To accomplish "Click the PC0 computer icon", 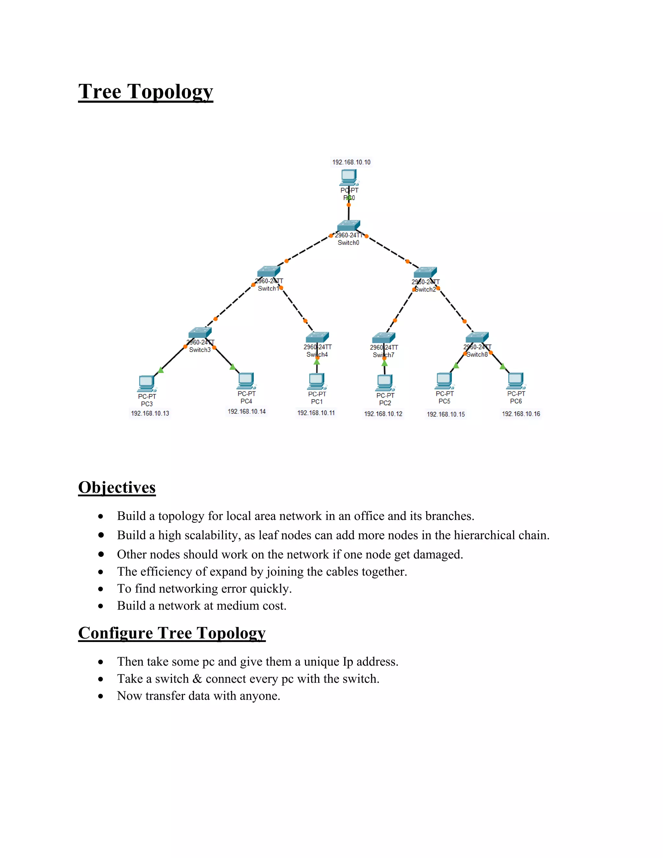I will point(349,177).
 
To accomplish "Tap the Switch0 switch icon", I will point(348,225).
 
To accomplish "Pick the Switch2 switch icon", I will point(425,272).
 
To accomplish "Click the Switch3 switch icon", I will point(200,333).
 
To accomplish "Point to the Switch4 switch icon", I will point(317,337).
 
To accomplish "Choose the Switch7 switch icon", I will point(383,338).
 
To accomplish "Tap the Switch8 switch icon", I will point(477,337).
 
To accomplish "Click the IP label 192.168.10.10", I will point(351,162).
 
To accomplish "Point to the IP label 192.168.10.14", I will point(247,411).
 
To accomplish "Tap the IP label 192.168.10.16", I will point(521,414).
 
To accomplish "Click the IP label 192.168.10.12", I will point(383,414).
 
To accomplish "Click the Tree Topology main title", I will point(145,92).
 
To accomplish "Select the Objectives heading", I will point(117,487).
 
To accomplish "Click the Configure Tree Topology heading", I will point(172,633).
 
